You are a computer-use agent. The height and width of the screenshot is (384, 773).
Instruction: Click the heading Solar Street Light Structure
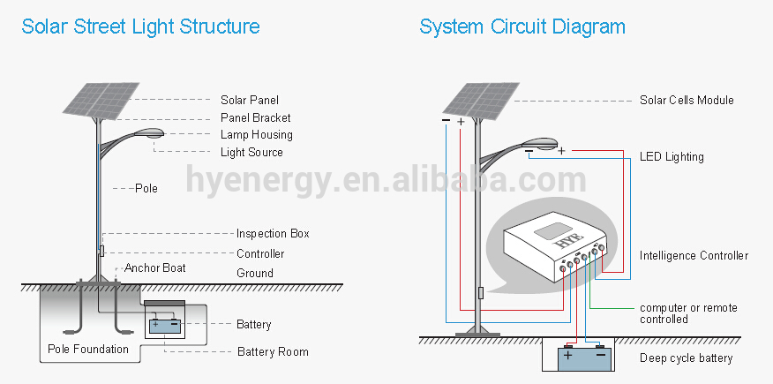point(140,26)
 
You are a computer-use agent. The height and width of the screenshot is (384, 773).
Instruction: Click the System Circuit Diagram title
point(522,26)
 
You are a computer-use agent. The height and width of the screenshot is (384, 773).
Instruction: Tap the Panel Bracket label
point(255,117)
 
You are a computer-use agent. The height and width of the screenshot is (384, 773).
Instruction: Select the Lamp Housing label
point(257,134)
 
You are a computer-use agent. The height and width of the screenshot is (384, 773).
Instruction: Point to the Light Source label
point(251,153)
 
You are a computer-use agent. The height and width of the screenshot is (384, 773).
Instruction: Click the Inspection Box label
point(273,234)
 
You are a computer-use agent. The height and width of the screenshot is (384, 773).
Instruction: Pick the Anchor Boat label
point(155,267)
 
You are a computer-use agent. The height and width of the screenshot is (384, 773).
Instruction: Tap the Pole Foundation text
point(88,349)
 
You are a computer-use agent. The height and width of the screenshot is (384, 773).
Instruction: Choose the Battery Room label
point(273,352)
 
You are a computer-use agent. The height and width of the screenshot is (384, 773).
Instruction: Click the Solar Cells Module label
point(687,100)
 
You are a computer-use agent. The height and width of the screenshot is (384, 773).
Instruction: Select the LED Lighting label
point(672,157)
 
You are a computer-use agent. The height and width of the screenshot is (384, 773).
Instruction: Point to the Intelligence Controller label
point(694,255)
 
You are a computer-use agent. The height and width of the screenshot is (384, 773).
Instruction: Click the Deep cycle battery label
point(687,358)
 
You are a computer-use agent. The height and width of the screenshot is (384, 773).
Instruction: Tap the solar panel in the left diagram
point(101,101)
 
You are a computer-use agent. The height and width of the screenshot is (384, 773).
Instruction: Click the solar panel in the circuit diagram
point(481,101)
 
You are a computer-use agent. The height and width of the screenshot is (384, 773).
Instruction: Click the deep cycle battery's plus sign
point(568,356)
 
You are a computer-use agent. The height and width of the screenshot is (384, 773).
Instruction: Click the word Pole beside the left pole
point(146,188)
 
